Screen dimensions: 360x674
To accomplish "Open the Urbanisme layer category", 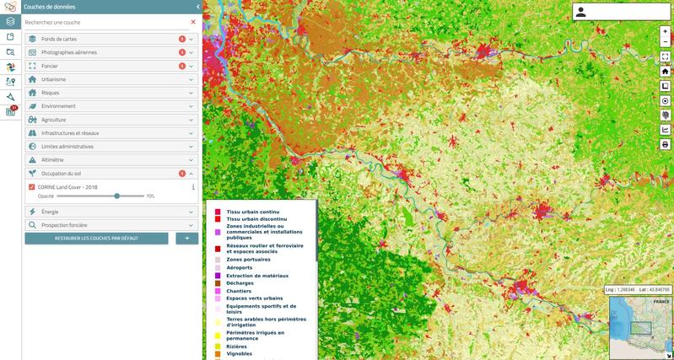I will tap(54, 79).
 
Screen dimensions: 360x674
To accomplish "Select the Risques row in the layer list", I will tap(51, 93).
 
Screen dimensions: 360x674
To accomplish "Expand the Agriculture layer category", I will tap(54, 120).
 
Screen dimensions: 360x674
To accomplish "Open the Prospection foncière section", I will tap(64, 225).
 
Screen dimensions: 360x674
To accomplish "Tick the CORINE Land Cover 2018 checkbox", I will tap(31, 186).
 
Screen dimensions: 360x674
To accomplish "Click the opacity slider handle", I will tap(117, 196).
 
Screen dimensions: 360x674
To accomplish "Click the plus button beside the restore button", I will tap(187, 239).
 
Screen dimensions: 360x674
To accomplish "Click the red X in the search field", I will tap(192, 22).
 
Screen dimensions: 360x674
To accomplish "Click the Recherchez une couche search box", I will tap(101, 22).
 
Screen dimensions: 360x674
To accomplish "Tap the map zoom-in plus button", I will tap(666, 31).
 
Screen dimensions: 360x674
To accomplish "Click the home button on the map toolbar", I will tap(666, 72).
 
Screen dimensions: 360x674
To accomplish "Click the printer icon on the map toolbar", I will tap(666, 144).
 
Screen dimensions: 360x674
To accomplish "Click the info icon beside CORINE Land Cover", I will tap(193, 186).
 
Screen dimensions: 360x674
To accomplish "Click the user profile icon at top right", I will tap(581, 12).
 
